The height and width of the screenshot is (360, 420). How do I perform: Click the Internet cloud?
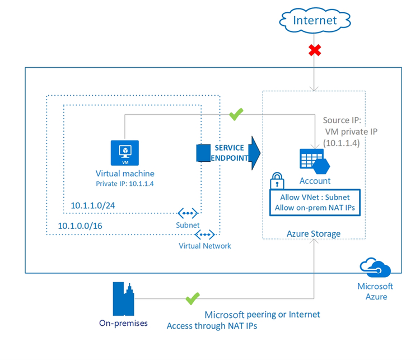tap(315, 21)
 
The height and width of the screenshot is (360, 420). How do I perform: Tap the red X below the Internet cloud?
tap(315, 50)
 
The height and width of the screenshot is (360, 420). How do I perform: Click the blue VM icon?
tap(125, 151)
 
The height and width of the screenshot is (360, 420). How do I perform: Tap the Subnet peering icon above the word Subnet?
tap(188, 213)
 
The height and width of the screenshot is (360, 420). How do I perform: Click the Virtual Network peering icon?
tap(206, 235)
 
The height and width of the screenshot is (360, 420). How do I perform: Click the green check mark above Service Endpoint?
tap(236, 114)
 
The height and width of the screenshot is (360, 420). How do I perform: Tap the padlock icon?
tap(276, 181)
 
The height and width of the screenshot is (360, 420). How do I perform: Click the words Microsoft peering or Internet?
tap(262, 314)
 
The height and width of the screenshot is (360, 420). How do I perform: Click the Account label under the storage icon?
tap(315, 181)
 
